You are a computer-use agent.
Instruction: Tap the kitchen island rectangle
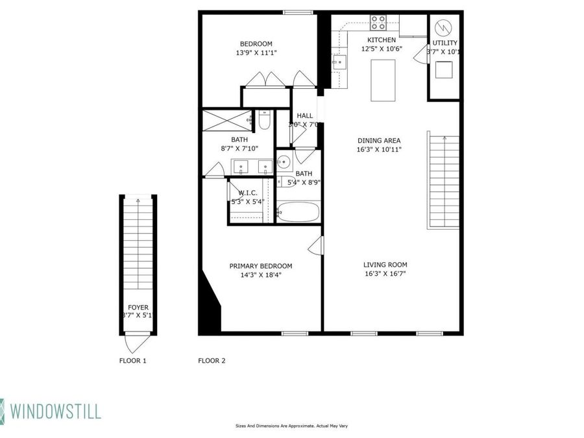tap(383, 80)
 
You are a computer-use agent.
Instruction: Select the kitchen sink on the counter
tap(339, 62)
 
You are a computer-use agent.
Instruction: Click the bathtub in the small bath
tap(298, 212)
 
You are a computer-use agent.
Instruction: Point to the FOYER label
tap(137, 307)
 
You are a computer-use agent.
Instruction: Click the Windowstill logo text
tap(55, 410)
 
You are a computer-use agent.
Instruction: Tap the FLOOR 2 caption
tap(212, 361)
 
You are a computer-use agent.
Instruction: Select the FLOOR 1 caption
tap(132, 361)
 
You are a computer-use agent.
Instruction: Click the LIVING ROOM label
tap(385, 265)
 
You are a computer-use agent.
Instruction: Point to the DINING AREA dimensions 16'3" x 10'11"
tap(380, 149)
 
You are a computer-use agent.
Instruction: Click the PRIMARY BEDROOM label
tap(261, 266)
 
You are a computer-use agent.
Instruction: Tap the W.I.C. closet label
tap(248, 193)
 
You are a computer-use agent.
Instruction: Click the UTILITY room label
tap(445, 43)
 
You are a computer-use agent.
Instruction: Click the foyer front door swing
tap(137, 343)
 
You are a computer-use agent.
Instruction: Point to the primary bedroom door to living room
tap(316, 246)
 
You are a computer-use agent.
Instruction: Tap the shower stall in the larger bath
tap(226, 121)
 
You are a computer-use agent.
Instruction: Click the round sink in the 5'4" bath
tap(284, 162)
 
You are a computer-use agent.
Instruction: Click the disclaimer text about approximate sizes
tap(291, 426)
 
